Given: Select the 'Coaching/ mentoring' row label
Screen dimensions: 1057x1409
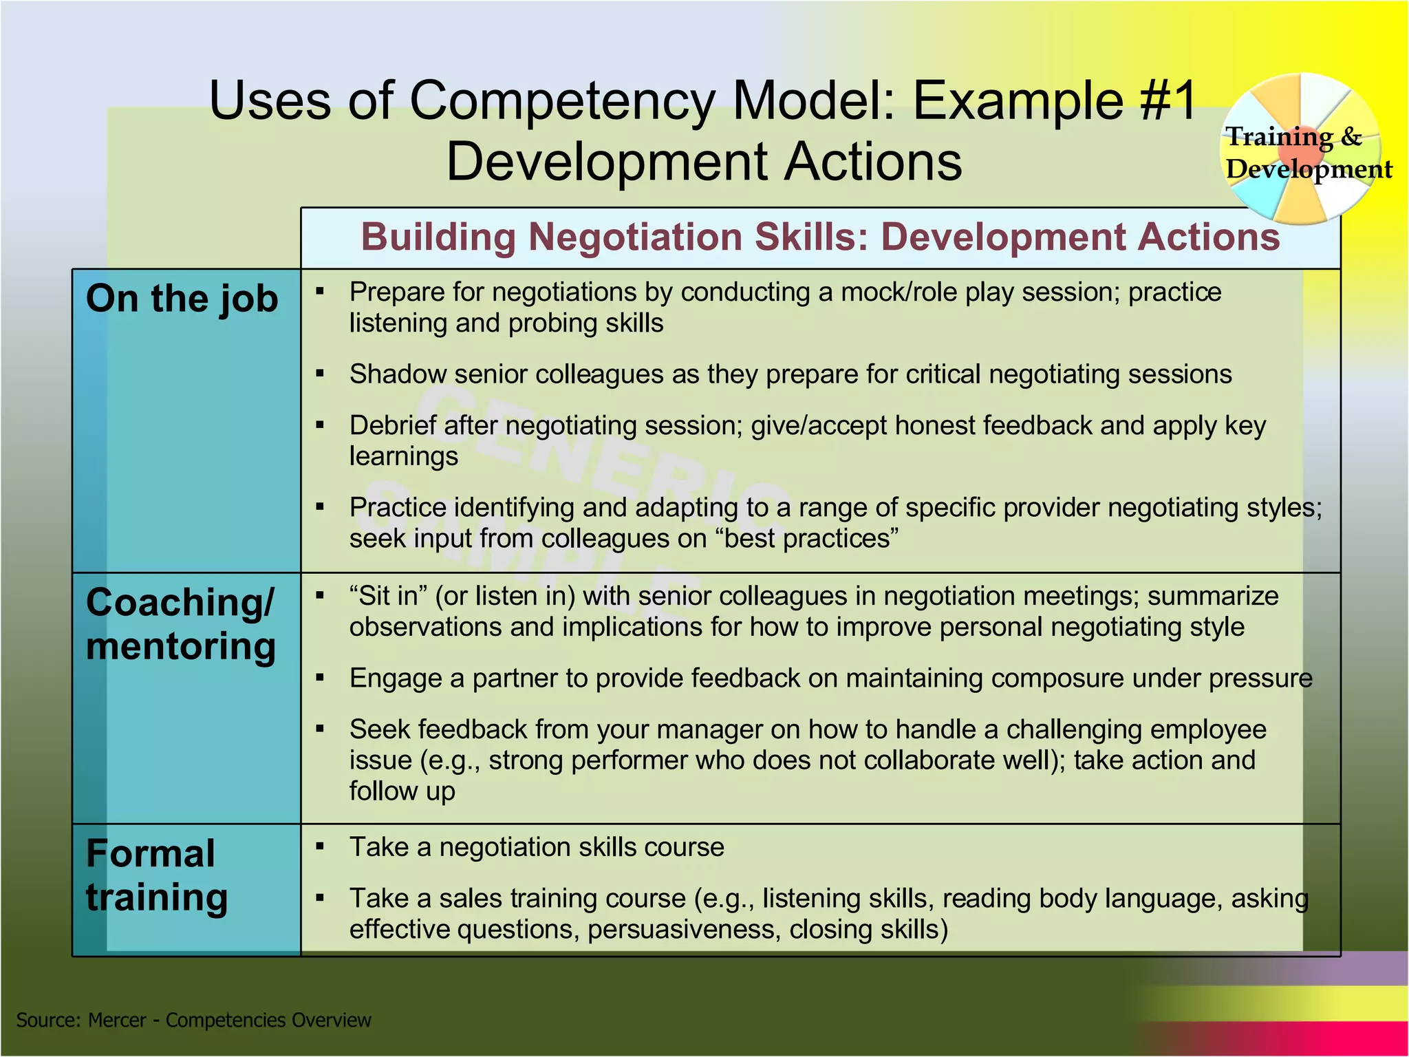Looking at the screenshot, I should [x=180, y=624].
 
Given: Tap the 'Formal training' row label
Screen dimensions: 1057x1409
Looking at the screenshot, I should [x=156, y=875].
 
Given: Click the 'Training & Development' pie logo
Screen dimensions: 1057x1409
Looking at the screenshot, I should [x=1302, y=150].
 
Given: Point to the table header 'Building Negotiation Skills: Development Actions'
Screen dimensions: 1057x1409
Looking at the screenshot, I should [x=820, y=237].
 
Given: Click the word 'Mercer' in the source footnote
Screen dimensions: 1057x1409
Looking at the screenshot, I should [x=117, y=1020].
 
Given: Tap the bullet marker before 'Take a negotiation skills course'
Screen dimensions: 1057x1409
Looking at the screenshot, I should [x=320, y=846].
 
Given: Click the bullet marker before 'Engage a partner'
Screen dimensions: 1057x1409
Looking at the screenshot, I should [x=320, y=678].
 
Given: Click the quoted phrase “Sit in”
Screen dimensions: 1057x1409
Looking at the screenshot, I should [x=388, y=596].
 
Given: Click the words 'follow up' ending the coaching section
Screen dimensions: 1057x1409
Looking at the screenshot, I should [x=402, y=791].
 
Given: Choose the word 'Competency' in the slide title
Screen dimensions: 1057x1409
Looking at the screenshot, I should [x=562, y=101].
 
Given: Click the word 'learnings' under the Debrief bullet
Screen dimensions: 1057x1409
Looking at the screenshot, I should [x=403, y=456].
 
